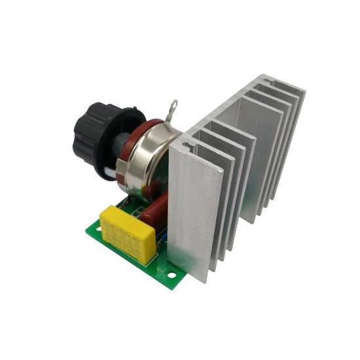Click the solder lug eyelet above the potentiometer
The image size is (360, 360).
click(x=174, y=105)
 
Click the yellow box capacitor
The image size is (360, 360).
click(x=128, y=232)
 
